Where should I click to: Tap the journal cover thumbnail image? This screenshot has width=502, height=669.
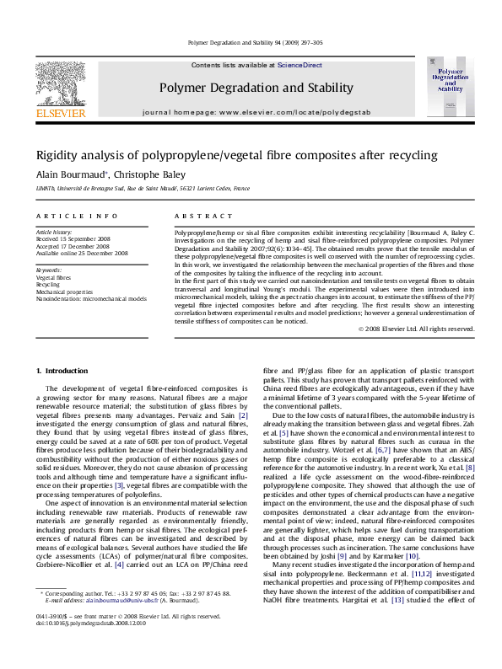tap(448, 87)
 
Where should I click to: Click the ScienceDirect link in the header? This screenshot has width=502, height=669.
tap(300, 65)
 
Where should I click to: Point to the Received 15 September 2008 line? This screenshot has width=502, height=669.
tap(73, 238)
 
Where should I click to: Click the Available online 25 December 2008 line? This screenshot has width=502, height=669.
tap(82, 252)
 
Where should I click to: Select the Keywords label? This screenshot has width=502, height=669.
tap(49, 270)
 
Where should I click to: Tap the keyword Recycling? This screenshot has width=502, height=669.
tap(48, 285)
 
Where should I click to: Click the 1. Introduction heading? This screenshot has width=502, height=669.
tap(64, 371)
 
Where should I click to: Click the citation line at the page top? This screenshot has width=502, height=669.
tap(251, 42)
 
